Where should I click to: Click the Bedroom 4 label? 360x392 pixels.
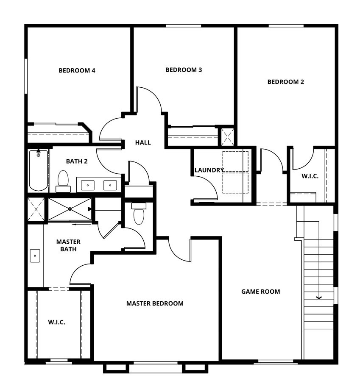pos(77,70)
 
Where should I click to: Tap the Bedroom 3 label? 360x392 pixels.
pos(184,70)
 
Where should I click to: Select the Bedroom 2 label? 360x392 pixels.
pos(285,82)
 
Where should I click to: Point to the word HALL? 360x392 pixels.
pos(143,142)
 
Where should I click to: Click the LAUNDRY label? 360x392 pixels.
pos(209,170)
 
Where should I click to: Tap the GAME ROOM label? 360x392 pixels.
pos(260,292)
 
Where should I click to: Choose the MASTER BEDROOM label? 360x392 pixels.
pos(155,303)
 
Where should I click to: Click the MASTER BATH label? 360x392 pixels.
pos(68,245)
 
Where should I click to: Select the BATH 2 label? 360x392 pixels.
pos(77,161)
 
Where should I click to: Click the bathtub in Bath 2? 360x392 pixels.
pos(38,170)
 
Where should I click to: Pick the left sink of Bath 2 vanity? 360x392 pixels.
pos(88,185)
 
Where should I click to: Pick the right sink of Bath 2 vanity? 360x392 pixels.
pos(110,185)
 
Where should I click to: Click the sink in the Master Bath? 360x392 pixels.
pos(35,256)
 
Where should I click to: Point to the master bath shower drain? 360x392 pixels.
pos(70,209)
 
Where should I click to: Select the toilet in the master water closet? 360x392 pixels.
pos(139,214)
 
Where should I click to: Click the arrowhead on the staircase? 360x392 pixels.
pos(319,297)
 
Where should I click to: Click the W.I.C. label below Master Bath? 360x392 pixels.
pos(56,322)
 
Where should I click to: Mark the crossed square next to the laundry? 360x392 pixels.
pos(228,136)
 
